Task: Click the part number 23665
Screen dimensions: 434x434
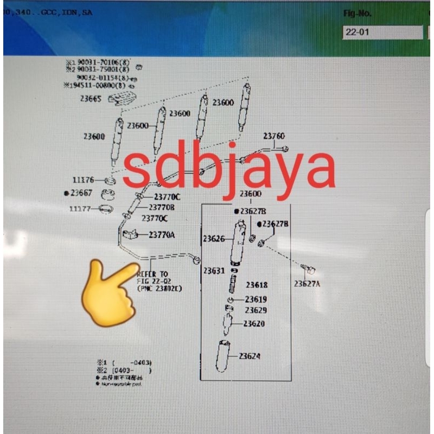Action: tap(91, 99)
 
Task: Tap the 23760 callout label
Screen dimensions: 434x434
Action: tap(274, 136)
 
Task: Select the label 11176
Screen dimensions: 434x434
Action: tap(83, 180)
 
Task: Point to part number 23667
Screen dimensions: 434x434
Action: tap(81, 193)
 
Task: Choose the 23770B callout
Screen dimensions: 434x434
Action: tap(162, 207)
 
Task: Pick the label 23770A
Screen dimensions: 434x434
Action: tap(162, 235)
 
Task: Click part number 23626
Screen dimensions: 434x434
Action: tap(214, 238)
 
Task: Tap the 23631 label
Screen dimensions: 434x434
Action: tap(214, 271)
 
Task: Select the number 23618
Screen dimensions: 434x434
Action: tap(257, 285)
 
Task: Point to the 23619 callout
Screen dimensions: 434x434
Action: tap(256, 299)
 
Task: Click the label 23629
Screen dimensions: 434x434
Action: tap(256, 310)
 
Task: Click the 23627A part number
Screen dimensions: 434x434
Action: tap(307, 283)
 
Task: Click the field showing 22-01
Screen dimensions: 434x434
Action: tap(382, 33)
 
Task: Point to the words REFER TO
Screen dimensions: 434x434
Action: tap(152, 275)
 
